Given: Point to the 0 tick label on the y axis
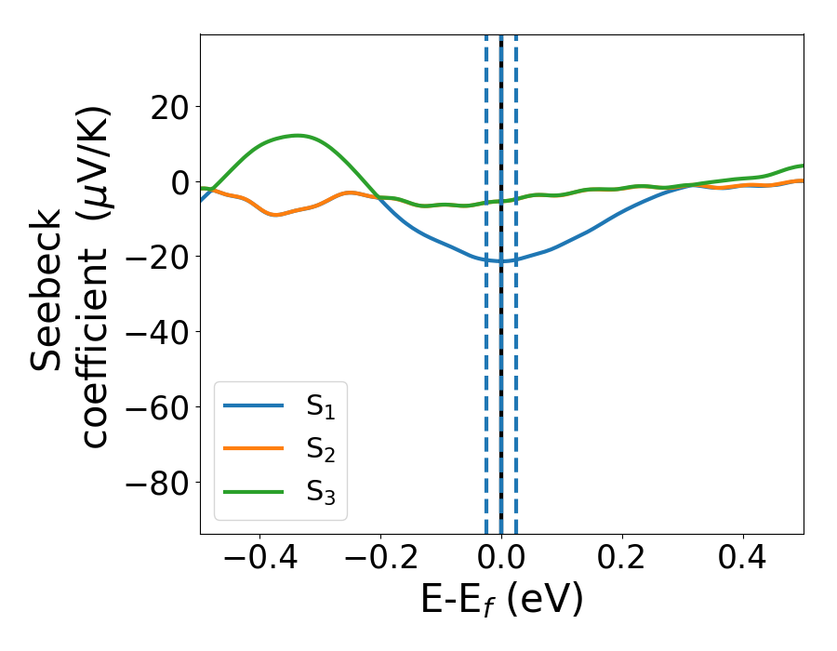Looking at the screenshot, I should (x=177, y=182).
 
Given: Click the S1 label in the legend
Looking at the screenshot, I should (x=320, y=406).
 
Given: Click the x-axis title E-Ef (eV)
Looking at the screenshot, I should (x=501, y=600).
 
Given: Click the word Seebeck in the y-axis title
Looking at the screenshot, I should (x=48, y=289).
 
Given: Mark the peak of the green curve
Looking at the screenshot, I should (x=298, y=136).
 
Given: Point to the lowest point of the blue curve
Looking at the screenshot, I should (x=498, y=261).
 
